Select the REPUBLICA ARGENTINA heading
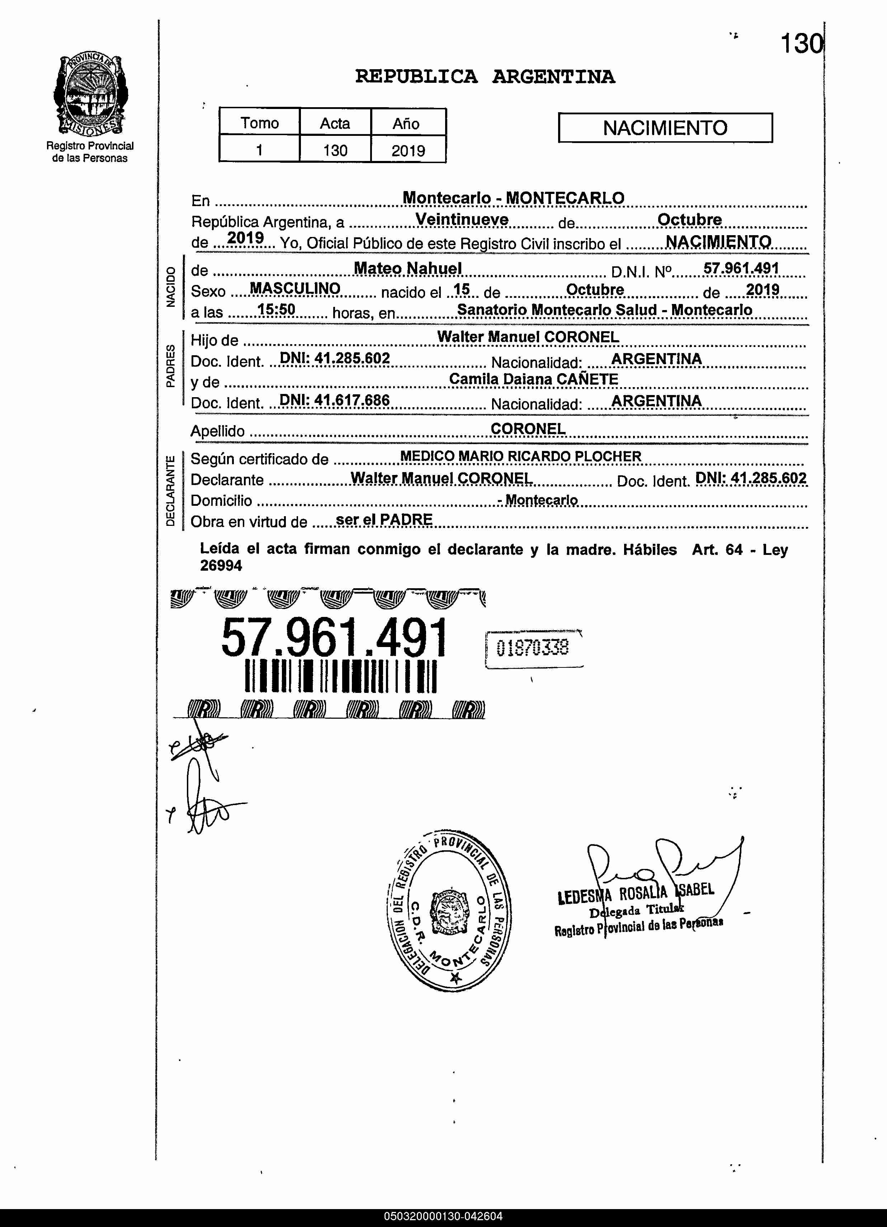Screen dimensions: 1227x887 click(x=485, y=77)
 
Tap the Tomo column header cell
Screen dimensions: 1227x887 click(x=259, y=123)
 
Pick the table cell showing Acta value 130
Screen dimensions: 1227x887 click(x=335, y=150)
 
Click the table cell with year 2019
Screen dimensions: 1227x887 click(x=408, y=150)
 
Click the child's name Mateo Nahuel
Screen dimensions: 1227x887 click(x=407, y=268)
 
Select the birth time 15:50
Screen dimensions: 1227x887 click(x=276, y=309)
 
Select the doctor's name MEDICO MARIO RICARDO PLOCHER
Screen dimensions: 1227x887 click(x=521, y=456)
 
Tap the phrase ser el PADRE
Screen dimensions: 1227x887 click(x=384, y=519)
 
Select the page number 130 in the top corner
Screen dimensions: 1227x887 click(x=801, y=43)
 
